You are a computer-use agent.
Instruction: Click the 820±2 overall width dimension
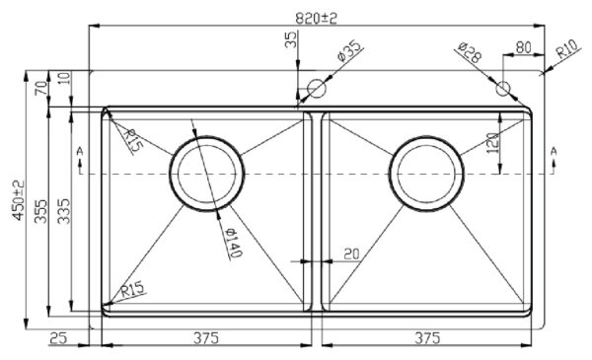click(316, 18)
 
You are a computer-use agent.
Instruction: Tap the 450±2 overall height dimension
click(18, 200)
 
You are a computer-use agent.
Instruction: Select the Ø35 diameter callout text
click(349, 50)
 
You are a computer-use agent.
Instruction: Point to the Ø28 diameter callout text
click(470, 52)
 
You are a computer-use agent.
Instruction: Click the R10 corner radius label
click(567, 48)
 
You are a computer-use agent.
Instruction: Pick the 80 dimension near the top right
click(523, 47)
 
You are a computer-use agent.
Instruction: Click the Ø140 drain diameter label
click(233, 244)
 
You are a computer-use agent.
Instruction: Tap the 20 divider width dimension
click(351, 253)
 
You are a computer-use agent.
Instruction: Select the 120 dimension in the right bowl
click(493, 143)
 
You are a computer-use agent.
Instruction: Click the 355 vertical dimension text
click(41, 212)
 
